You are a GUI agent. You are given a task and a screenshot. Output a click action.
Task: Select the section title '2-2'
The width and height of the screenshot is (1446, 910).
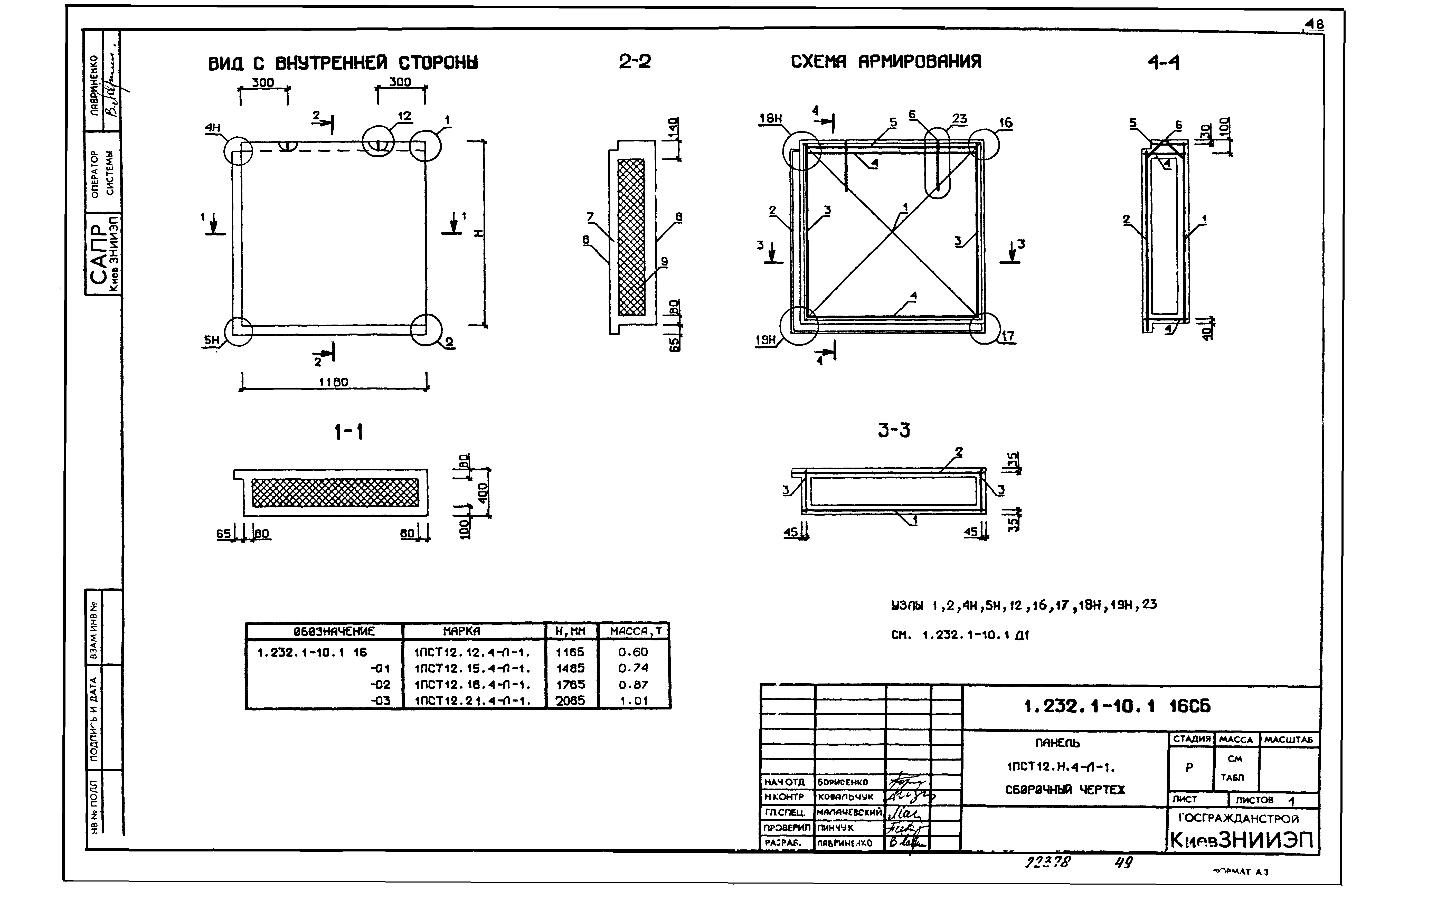(x=635, y=61)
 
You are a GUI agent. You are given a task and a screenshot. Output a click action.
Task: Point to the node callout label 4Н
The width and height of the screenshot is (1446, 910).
(x=213, y=128)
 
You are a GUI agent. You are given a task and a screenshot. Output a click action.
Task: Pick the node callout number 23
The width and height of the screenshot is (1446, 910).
(x=960, y=119)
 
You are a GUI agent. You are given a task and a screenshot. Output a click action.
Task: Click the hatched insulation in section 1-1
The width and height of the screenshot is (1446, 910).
(x=335, y=492)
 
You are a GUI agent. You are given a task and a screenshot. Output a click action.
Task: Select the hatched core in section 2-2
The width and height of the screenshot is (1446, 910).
(x=631, y=237)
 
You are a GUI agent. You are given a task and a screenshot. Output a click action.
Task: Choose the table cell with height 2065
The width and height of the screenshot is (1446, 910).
(x=570, y=700)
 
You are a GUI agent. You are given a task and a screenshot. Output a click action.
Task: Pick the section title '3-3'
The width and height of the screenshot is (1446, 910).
(x=894, y=430)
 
